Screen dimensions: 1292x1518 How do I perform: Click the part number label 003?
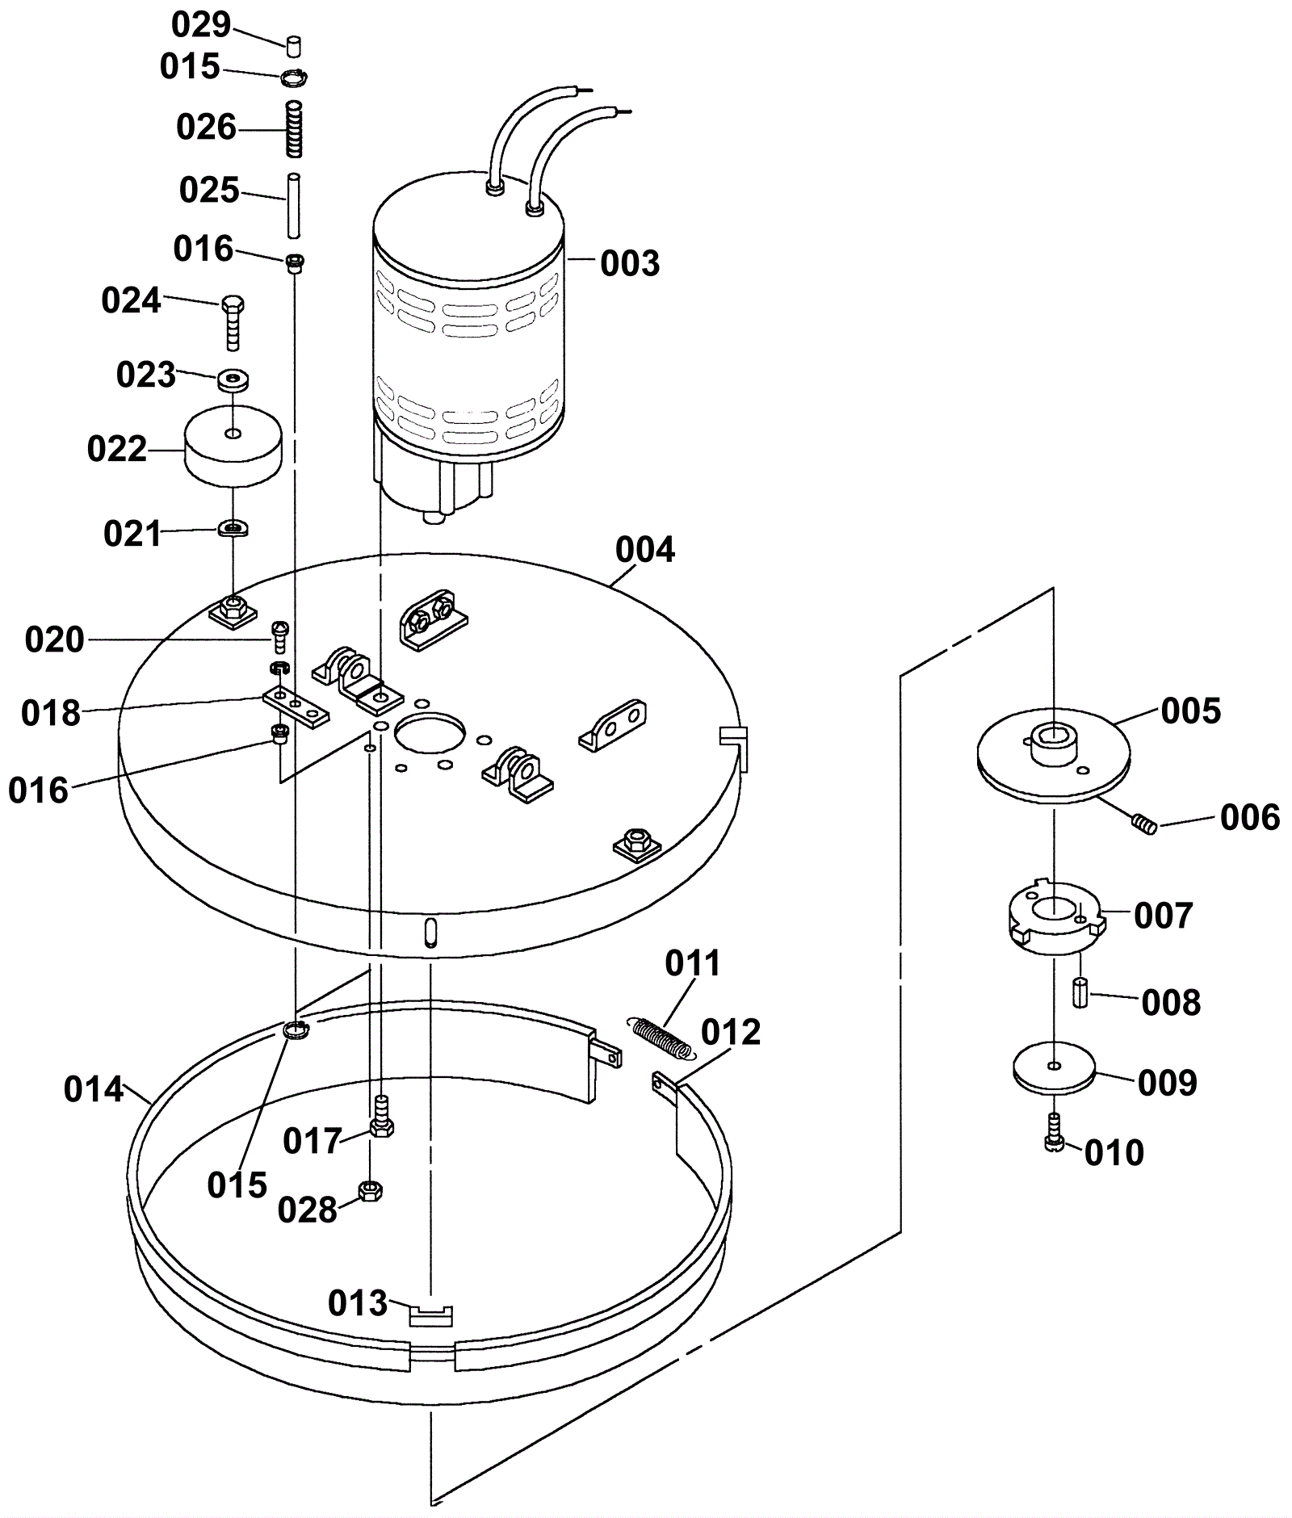pyautogui.click(x=630, y=264)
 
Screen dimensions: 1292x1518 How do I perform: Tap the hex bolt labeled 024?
pyautogui.click(x=233, y=323)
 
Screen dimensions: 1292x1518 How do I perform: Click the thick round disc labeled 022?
pyautogui.click(x=233, y=447)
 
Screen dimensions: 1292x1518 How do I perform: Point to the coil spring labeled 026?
pyautogui.click(x=296, y=128)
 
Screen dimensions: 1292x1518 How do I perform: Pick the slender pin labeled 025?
pyautogui.click(x=295, y=205)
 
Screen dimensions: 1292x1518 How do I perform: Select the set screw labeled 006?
pyautogui.click(x=1141, y=824)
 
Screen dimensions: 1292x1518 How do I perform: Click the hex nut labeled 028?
pyautogui.click(x=370, y=1190)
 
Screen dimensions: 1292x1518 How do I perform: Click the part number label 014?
pyautogui.click(x=94, y=1090)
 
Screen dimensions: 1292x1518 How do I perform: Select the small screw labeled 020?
pyautogui.click(x=280, y=636)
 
